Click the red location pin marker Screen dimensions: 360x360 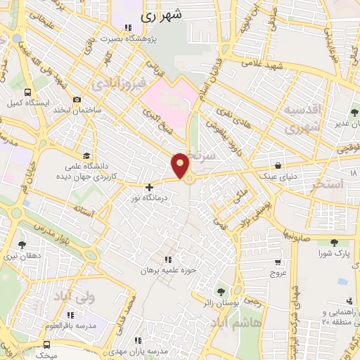[181, 165]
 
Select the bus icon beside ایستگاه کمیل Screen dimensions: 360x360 [27, 92]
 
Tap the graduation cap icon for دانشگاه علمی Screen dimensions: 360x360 [86, 155]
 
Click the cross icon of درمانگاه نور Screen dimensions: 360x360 [149, 187]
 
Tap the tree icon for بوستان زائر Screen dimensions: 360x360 [223, 290]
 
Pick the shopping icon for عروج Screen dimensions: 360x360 [278, 262]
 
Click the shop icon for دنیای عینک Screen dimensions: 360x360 [278, 166]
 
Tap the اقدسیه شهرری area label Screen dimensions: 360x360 [302, 120]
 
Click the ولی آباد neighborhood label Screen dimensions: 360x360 [73, 297]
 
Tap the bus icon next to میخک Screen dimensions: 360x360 [46, 345]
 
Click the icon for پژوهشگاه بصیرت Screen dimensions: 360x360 [127, 27]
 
